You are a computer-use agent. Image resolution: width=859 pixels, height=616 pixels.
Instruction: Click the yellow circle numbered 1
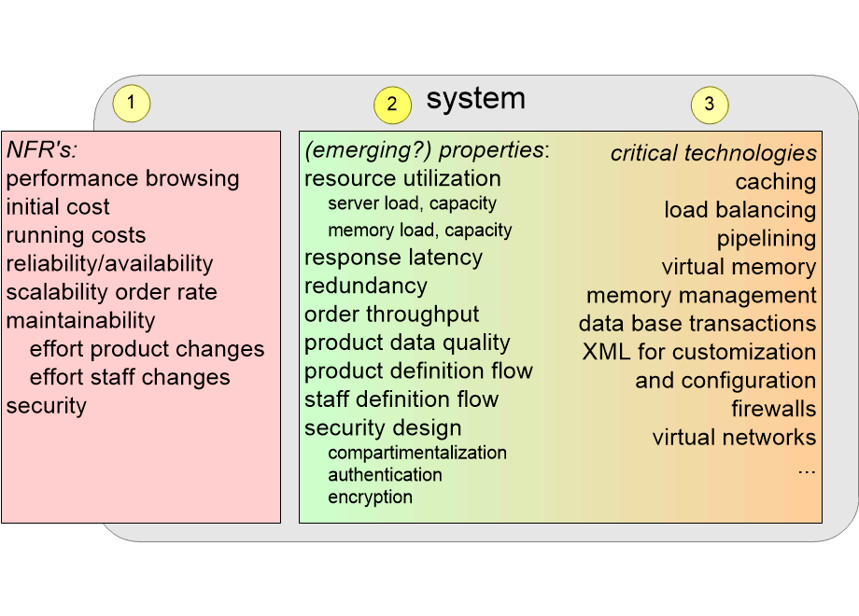(x=131, y=103)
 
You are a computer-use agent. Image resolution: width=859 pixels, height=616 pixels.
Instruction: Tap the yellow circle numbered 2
(x=392, y=105)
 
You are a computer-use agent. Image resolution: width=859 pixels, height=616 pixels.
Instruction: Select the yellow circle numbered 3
(x=710, y=105)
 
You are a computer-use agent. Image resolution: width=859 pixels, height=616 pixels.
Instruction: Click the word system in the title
(x=475, y=99)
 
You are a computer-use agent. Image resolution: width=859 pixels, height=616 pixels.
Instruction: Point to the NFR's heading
(x=42, y=149)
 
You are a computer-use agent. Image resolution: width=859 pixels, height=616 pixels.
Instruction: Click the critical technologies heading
(x=713, y=153)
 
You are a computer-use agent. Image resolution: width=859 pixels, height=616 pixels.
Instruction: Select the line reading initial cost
(x=58, y=206)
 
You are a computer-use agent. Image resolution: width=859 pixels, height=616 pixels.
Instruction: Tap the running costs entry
(x=77, y=235)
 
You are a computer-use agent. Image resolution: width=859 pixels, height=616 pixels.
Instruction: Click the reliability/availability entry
(x=109, y=264)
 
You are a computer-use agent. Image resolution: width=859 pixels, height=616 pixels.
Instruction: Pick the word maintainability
(x=80, y=320)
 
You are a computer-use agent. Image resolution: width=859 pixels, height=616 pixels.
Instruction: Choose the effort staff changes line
(x=130, y=377)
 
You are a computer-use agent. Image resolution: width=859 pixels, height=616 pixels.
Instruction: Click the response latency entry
(x=393, y=258)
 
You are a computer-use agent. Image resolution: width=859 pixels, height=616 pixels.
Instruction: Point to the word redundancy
(x=365, y=287)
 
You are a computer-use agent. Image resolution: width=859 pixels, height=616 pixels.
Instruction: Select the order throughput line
(x=392, y=315)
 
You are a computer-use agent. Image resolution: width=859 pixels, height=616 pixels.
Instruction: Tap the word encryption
(x=371, y=497)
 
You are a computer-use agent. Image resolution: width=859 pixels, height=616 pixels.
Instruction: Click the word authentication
(x=385, y=475)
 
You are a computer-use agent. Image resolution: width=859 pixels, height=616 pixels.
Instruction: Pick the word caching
(x=776, y=182)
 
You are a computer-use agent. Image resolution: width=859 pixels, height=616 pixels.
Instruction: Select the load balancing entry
(x=740, y=210)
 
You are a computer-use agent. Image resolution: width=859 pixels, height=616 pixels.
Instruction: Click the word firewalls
(x=773, y=409)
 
